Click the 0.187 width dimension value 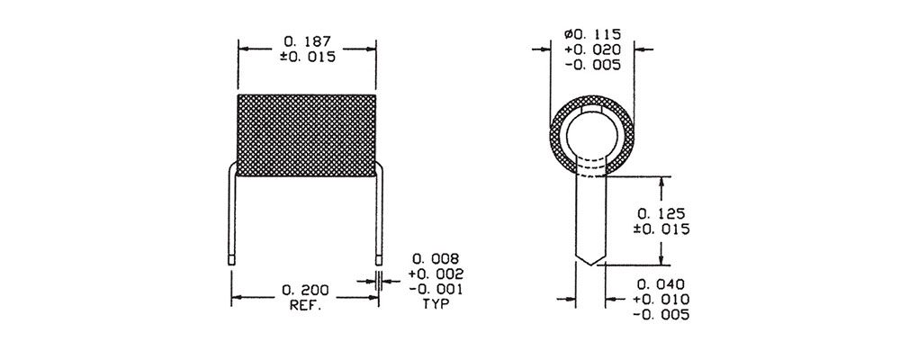click(x=307, y=42)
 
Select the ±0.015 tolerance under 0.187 click(x=307, y=57)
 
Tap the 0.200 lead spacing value click(x=305, y=291)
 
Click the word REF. click(x=305, y=305)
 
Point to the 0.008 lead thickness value click(x=436, y=258)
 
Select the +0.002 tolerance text click(x=436, y=274)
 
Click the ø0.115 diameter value click(x=592, y=35)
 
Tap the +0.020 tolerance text click(x=592, y=50)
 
